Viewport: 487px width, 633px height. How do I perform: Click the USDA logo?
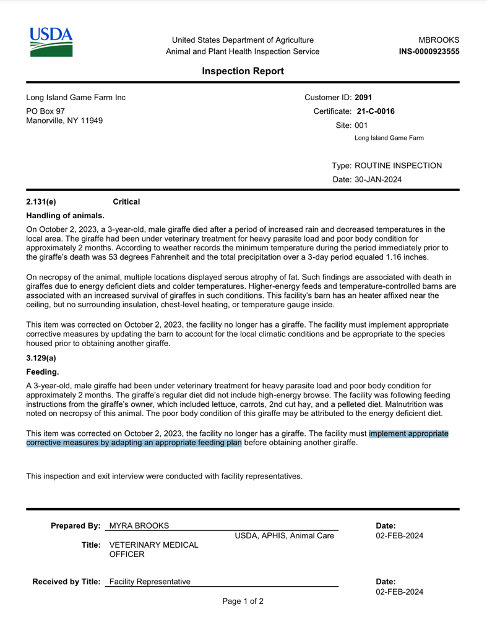(x=51, y=42)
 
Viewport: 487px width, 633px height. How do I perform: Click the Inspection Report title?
(x=243, y=71)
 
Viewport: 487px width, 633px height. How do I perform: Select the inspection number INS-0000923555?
(x=429, y=51)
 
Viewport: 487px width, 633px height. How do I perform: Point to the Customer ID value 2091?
(x=363, y=98)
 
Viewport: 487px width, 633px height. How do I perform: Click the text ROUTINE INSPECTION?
(x=399, y=166)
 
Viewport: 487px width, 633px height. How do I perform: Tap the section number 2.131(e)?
(x=40, y=202)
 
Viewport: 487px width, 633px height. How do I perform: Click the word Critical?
(x=126, y=202)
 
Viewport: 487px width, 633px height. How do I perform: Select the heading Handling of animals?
(x=65, y=216)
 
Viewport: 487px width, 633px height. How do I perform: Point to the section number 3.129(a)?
(x=40, y=358)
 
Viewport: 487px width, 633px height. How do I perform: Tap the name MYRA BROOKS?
(x=139, y=525)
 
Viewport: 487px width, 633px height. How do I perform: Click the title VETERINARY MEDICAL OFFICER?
(x=153, y=550)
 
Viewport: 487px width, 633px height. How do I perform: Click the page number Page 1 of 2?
(x=243, y=600)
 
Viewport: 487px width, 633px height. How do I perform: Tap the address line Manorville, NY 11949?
(x=64, y=120)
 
